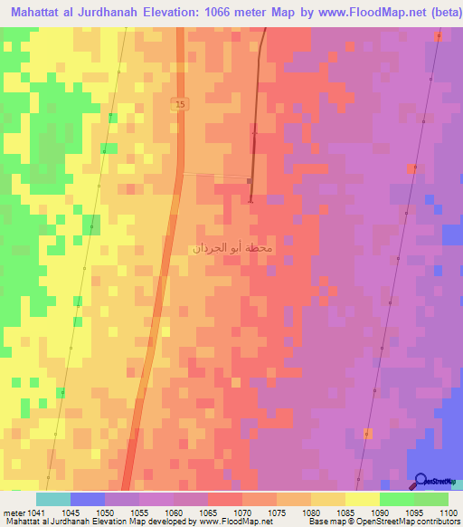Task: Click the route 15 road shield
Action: click(x=180, y=105)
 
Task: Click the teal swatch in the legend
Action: click(x=53, y=499)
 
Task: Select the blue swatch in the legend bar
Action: click(x=88, y=499)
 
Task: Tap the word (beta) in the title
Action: click(x=441, y=13)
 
